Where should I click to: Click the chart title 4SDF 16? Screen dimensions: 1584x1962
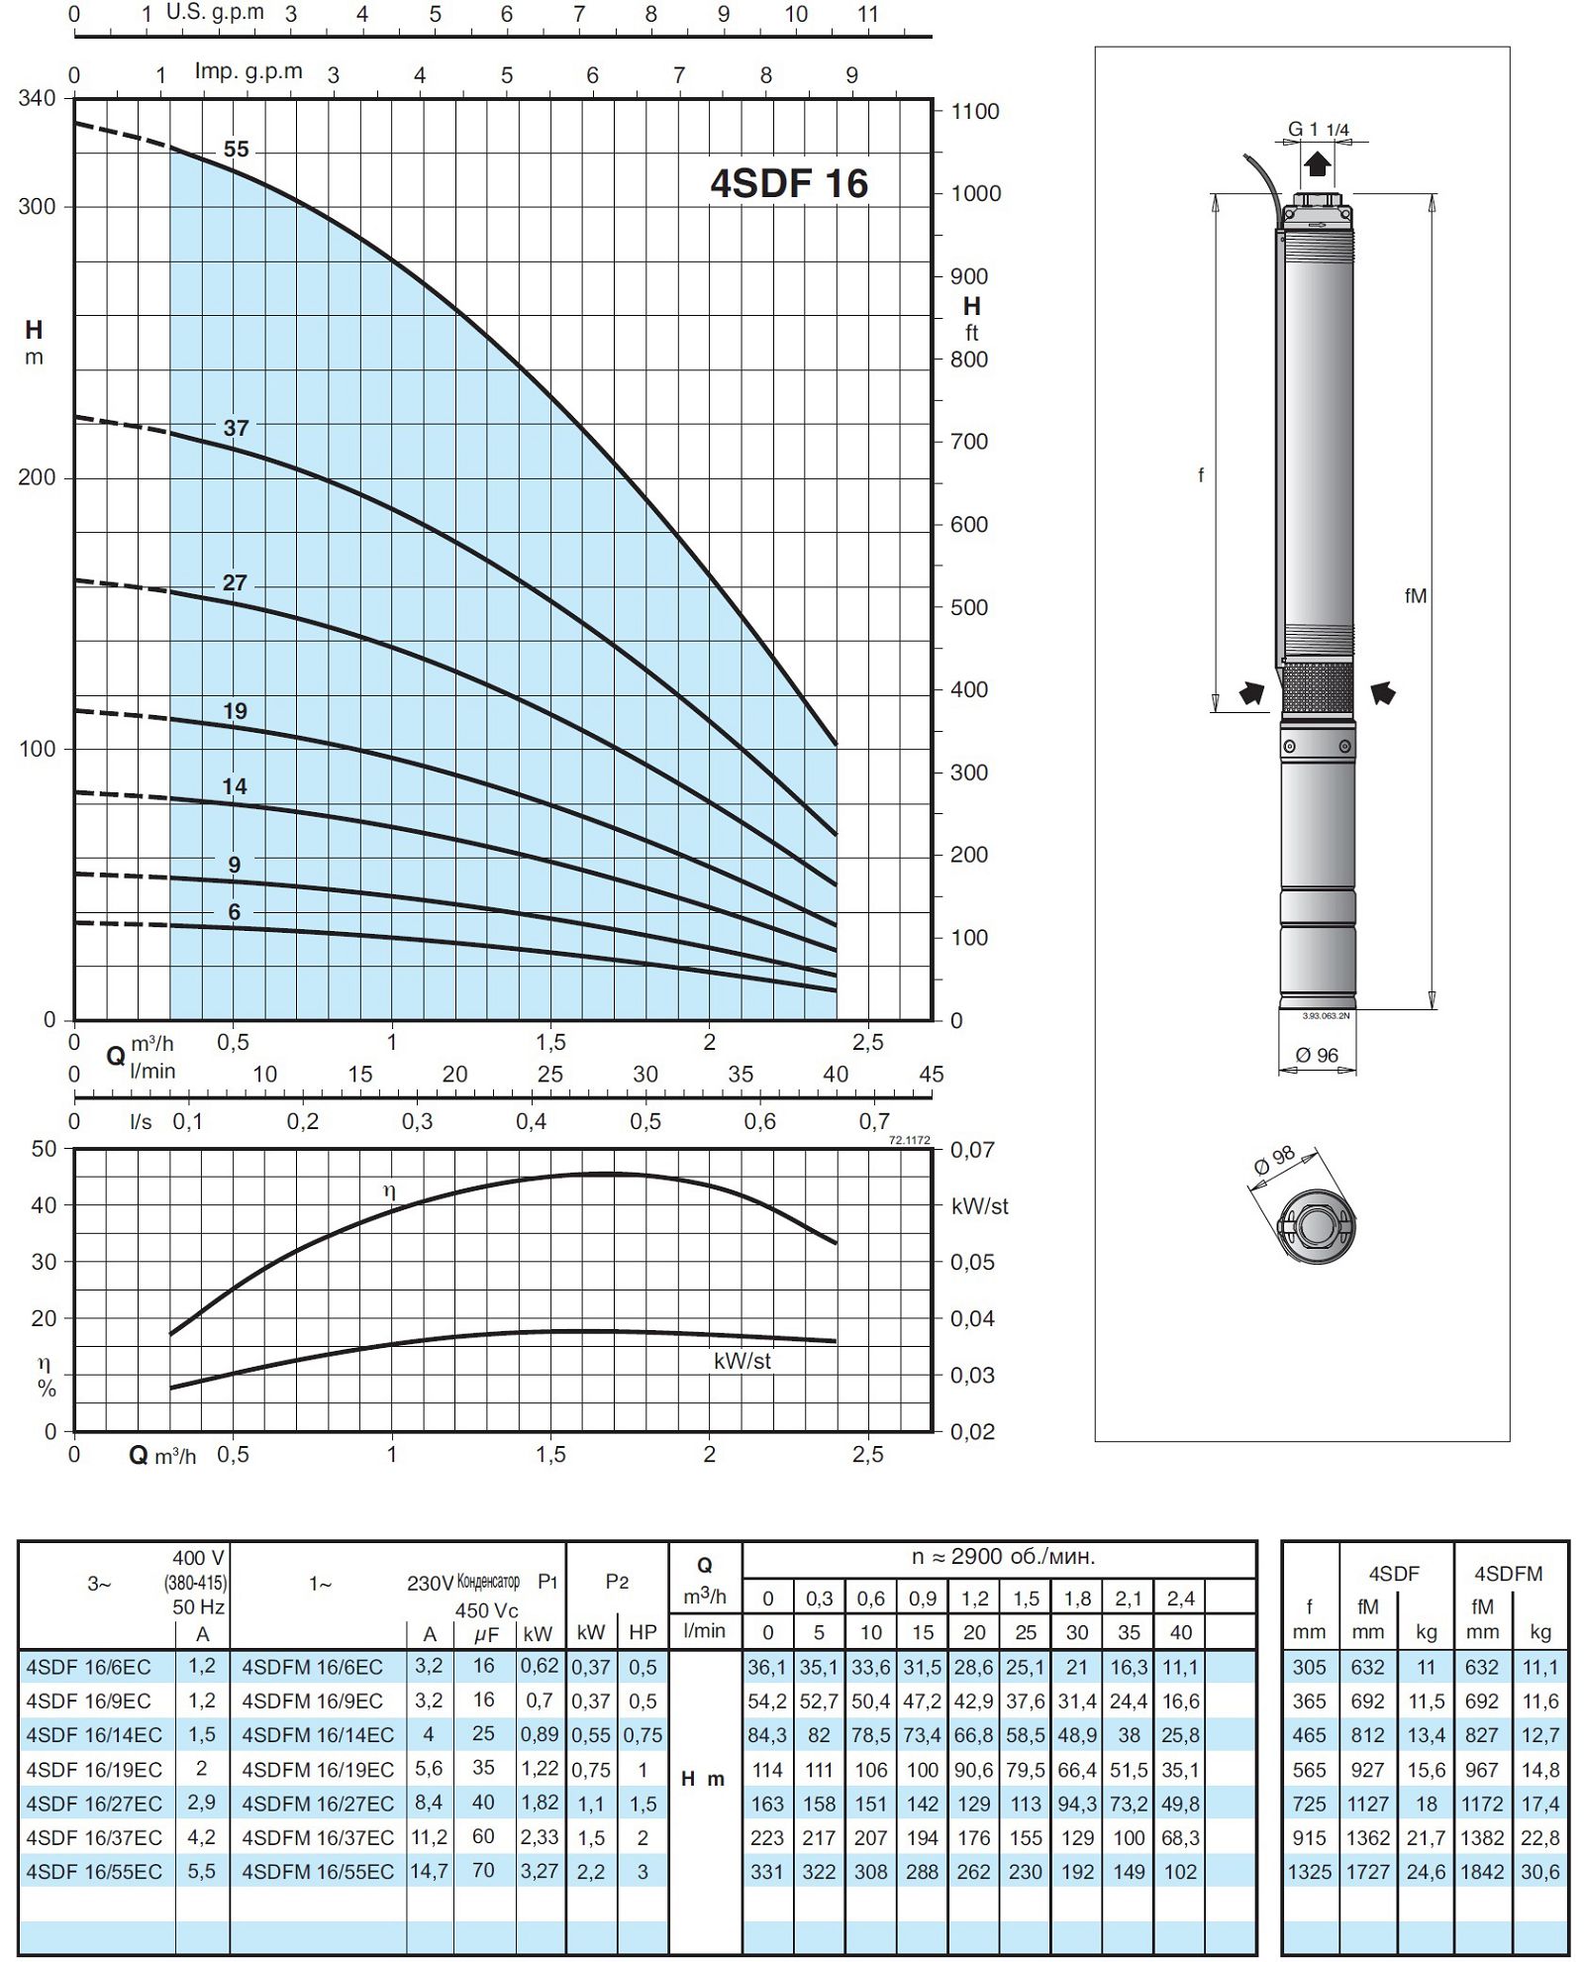pyautogui.click(x=789, y=183)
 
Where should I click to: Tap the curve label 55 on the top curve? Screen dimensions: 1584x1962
pyautogui.click(x=237, y=150)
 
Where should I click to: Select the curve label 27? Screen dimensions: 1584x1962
pyautogui.click(x=235, y=582)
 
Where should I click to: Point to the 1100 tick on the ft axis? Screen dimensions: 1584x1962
pyautogui.click(x=975, y=112)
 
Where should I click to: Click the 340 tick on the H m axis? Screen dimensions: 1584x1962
pyautogui.click(x=37, y=99)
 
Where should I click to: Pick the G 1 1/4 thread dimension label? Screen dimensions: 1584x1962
pyautogui.click(x=1319, y=129)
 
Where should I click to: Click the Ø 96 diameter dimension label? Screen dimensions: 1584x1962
pyautogui.click(x=1317, y=1055)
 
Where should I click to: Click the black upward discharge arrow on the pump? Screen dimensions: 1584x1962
pyautogui.click(x=1317, y=163)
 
